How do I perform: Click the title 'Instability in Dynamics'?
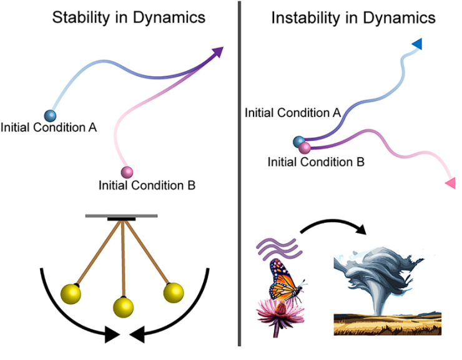[353, 17]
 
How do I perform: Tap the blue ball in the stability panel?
[49, 115]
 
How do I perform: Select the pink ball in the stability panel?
[127, 172]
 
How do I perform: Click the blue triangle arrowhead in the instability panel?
[417, 43]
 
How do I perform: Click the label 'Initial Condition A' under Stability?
[49, 129]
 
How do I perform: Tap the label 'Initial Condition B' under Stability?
[147, 185]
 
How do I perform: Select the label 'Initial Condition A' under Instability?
[292, 113]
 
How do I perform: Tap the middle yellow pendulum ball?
[123, 306]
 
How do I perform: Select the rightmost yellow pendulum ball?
[173, 292]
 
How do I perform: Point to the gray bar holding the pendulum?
[121, 216]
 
